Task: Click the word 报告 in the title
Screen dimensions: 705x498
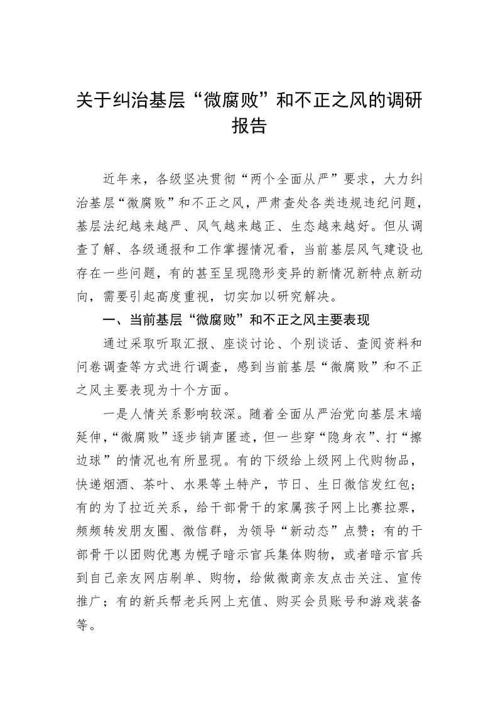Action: pos(249,126)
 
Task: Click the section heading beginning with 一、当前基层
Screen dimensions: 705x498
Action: pos(235,319)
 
